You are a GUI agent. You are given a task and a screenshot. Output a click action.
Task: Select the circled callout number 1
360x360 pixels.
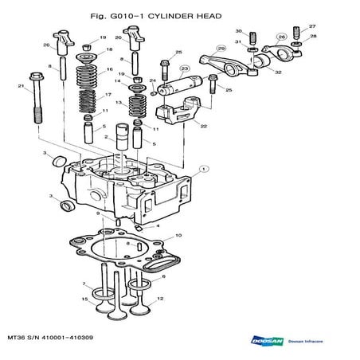click(204, 169)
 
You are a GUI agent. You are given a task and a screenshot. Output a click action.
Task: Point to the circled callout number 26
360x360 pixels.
click(281, 37)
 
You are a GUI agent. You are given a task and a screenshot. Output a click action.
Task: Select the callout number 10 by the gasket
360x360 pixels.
click(178, 235)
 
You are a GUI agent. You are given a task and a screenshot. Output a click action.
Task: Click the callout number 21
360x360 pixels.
click(19, 85)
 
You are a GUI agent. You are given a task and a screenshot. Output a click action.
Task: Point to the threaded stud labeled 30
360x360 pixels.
click(253, 36)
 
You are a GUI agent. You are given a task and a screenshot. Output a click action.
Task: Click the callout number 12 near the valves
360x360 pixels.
click(159, 299)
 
